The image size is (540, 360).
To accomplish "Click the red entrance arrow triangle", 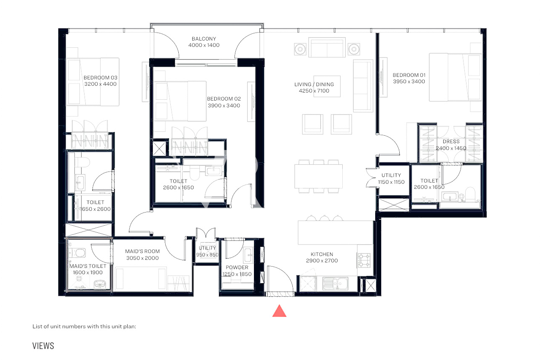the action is coord(279,311).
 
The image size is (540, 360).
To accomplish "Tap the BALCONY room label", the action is coord(204,39).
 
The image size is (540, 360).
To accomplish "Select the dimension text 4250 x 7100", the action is coord(314,91).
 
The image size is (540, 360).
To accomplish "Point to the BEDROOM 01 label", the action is coord(409,75).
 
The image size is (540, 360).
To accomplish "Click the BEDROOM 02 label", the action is coord(224,99).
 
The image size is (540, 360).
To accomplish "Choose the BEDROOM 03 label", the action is coord(101,78).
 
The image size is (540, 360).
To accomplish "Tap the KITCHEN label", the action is coord(322,254).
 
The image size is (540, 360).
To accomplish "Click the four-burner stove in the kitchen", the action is coord(364,260).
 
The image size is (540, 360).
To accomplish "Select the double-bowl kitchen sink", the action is coord(335,284).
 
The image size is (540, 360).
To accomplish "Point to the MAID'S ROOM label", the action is coord(142,251).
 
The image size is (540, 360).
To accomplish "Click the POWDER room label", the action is coord(237,267).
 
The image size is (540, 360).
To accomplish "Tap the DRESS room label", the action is coord(451,142).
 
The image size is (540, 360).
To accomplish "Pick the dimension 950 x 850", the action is coord(207,255).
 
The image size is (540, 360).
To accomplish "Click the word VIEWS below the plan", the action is coord(43,346).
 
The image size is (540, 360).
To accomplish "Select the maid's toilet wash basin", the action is coord(100,284).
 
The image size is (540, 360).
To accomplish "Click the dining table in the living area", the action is coord(319,176).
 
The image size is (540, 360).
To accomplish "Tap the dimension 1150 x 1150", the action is coord(391,182).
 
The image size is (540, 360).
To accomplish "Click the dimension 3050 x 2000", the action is coord(142,258).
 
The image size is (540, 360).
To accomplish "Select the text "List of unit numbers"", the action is coord(56,327).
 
